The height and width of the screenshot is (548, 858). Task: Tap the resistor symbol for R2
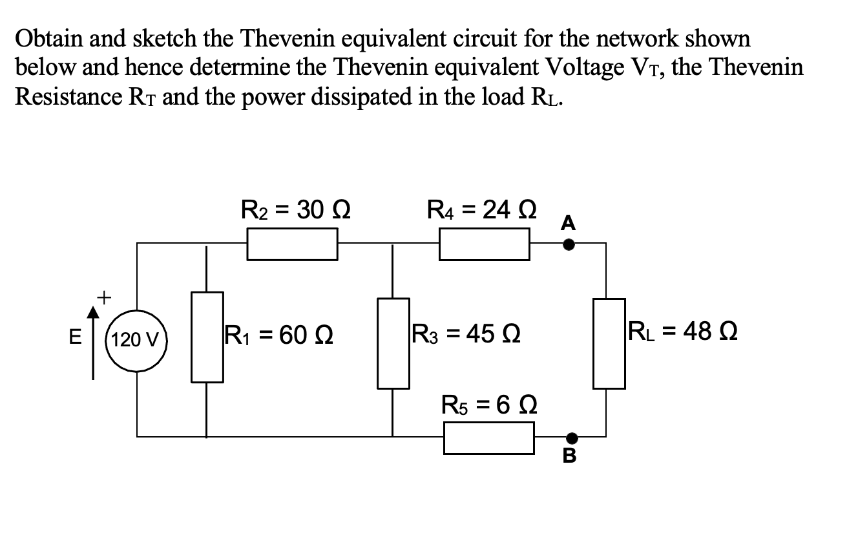pos(292,246)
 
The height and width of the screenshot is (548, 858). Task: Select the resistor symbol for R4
pos(484,246)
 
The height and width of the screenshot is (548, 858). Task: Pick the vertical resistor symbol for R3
pos(393,343)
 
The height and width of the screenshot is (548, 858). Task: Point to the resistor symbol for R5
pos(488,437)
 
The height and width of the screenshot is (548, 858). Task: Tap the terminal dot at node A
pos(569,244)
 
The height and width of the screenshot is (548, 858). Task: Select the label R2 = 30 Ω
pos(295,209)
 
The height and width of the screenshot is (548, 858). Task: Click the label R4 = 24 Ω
pos(483,209)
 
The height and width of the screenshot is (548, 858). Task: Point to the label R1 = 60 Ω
pos(278,335)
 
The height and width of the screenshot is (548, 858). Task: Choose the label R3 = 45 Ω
pos(467,335)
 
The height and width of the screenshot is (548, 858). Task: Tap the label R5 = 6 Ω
pos(489,405)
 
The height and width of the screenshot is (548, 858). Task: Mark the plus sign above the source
pos(103,297)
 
